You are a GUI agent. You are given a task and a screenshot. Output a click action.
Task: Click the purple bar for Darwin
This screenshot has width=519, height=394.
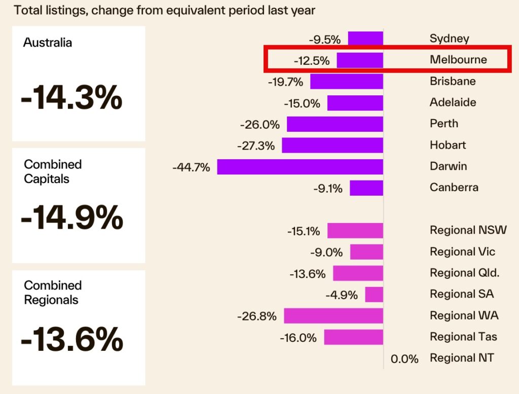tap(300, 166)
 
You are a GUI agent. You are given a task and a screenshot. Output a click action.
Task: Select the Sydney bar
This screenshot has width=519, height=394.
tap(365, 39)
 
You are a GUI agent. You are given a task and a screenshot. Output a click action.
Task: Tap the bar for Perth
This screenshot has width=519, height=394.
tap(335, 124)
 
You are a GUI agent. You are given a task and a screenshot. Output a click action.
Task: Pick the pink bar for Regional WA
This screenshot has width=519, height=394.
tap(333, 315)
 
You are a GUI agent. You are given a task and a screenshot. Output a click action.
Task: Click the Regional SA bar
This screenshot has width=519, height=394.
tap(374, 294)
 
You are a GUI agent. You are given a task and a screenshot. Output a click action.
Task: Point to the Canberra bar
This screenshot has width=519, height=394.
tap(366, 188)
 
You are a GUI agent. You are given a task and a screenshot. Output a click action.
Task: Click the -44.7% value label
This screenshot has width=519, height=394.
tap(191, 167)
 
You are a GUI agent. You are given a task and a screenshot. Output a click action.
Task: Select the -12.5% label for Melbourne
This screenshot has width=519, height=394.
tap(312, 61)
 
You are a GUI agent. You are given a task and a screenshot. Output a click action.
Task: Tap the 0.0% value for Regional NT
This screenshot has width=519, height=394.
tap(404, 359)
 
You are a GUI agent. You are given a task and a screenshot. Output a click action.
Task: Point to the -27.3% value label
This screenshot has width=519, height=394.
tap(255, 146)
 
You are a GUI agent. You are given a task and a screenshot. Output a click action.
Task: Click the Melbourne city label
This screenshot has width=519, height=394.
tap(458, 60)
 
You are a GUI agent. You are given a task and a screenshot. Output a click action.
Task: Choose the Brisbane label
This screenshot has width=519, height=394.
tap(453, 81)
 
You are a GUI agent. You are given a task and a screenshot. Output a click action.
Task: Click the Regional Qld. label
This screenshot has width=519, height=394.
tap(464, 273)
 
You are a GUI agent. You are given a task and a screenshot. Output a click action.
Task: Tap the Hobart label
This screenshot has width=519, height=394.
tap(448, 145)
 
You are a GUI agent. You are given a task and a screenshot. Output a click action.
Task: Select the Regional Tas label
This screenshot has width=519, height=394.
tap(463, 337)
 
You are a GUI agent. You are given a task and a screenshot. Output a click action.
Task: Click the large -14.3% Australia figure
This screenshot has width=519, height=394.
tap(71, 99)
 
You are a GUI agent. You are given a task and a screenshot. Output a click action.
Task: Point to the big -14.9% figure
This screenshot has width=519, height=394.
tap(72, 219)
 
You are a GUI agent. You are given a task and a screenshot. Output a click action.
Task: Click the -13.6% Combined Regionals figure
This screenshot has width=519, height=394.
tap(72, 339)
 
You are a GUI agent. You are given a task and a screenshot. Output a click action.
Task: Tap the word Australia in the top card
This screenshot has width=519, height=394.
tap(48, 43)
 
